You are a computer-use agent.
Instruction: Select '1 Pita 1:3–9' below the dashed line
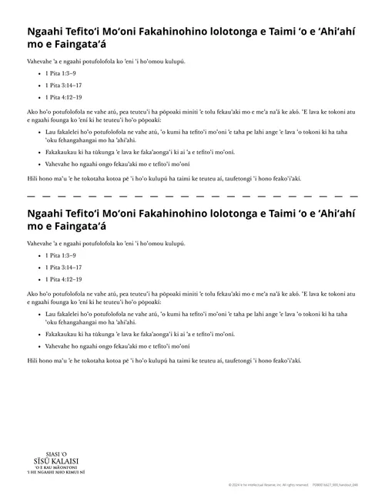coord(62,255)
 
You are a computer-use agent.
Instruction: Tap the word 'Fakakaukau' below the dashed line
coord(62,334)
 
